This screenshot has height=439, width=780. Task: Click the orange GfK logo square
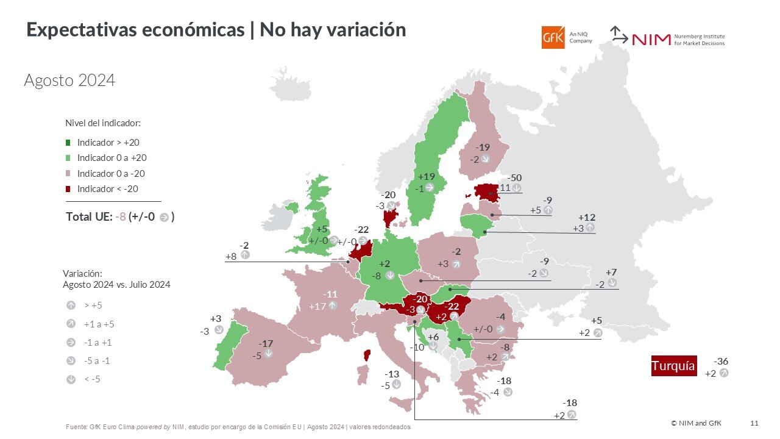coord(553,37)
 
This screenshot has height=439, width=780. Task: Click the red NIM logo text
coord(651,40)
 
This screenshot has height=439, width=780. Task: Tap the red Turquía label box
coord(673,366)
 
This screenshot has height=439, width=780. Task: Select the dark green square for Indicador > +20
coord(69,143)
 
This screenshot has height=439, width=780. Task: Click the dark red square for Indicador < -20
coord(69,189)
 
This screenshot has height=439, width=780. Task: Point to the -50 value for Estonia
coord(514,177)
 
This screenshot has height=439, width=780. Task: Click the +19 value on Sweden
coord(427,176)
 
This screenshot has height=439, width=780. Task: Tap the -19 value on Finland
coord(483,148)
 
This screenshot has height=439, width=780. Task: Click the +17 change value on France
coord(317,306)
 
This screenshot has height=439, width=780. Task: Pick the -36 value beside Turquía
coord(721,361)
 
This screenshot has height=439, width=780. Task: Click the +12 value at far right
coord(587,217)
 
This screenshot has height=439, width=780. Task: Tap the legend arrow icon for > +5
coord(71,305)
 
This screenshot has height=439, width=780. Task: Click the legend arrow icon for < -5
coord(71,379)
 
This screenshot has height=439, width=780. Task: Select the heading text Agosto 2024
coord(69,80)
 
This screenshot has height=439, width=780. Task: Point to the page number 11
coord(754,423)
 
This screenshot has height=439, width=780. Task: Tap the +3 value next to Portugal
coord(215,319)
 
